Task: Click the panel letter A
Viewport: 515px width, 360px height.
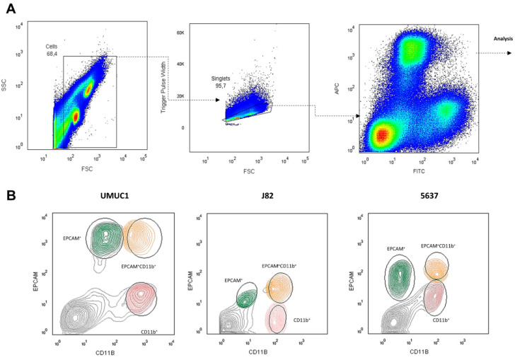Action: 9,10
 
